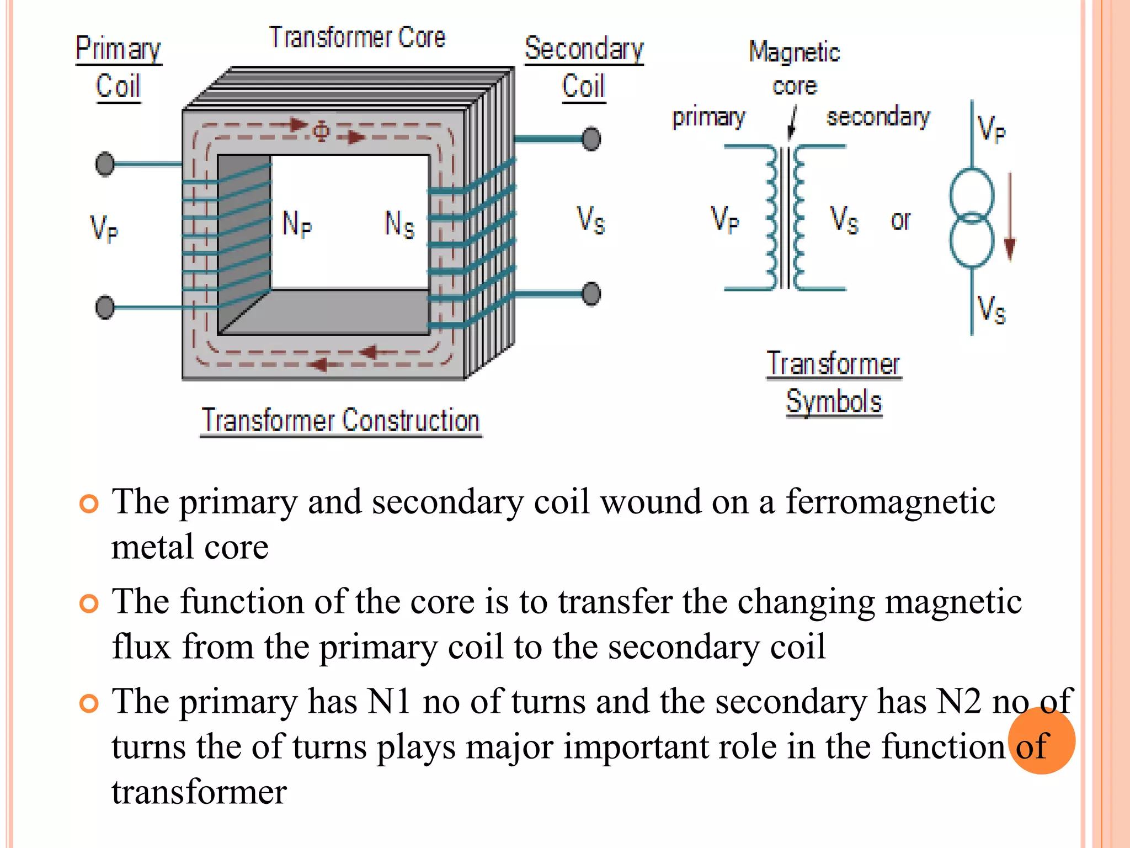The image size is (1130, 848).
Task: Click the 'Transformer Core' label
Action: pyautogui.click(x=357, y=38)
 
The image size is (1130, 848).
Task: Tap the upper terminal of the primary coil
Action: pyautogui.click(x=105, y=164)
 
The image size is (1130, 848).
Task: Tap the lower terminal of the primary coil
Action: pyautogui.click(x=105, y=307)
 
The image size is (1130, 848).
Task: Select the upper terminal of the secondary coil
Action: pyautogui.click(x=591, y=139)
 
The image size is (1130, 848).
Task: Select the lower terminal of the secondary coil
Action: pyautogui.click(x=591, y=294)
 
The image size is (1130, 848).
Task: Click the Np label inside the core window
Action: pyautogui.click(x=297, y=224)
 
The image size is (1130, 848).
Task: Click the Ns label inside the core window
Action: pyautogui.click(x=399, y=224)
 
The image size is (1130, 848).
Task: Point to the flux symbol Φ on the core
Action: pyautogui.click(x=321, y=131)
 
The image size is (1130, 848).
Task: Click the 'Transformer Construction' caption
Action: pyautogui.click(x=340, y=421)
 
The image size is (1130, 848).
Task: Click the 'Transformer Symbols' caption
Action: pyautogui.click(x=834, y=382)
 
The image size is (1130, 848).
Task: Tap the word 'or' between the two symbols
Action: pyautogui.click(x=900, y=221)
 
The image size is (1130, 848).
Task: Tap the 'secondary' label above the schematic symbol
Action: pyautogui.click(x=878, y=117)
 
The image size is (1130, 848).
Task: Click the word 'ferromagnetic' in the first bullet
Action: pyautogui.click(x=890, y=502)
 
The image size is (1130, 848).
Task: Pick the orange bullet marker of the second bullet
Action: pyautogui.click(x=89, y=603)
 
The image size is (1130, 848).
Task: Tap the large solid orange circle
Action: pyautogui.click(x=1041, y=741)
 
